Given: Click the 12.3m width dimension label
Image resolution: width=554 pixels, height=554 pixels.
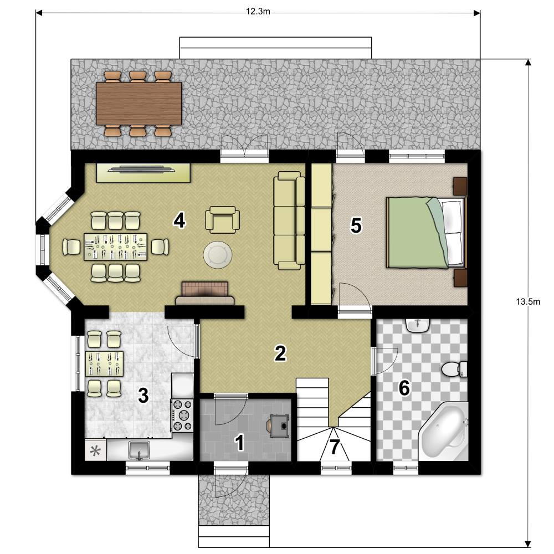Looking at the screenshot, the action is click(258, 12).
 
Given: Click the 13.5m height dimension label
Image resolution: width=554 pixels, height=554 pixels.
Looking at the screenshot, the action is click(528, 301).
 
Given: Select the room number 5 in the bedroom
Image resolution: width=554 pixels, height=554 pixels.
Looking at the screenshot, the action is click(356, 225).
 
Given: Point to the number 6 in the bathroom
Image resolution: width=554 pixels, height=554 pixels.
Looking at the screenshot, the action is click(404, 388).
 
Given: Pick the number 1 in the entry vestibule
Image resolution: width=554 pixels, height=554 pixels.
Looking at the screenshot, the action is click(239, 443).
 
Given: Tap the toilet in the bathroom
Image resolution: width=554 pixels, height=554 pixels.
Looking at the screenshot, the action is click(454, 369).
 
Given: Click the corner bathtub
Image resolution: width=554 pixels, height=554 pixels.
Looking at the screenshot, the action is click(443, 432).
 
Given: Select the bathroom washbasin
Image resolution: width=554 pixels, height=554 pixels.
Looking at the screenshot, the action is click(418, 325).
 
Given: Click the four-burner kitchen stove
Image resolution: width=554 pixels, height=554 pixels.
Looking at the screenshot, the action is click(183, 415).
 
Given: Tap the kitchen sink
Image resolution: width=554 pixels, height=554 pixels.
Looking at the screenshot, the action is click(139, 450).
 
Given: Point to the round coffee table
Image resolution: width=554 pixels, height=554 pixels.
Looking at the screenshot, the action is click(218, 254).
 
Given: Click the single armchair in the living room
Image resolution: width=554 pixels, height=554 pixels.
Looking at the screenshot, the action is click(223, 219).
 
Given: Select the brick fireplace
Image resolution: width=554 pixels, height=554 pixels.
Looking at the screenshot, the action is click(205, 293).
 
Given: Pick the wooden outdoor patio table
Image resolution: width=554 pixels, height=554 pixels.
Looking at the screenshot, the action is click(139, 104).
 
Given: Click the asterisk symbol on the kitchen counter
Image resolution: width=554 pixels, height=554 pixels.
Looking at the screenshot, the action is click(95, 451).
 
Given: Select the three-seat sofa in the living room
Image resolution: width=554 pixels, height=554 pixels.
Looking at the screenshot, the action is click(289, 221).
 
